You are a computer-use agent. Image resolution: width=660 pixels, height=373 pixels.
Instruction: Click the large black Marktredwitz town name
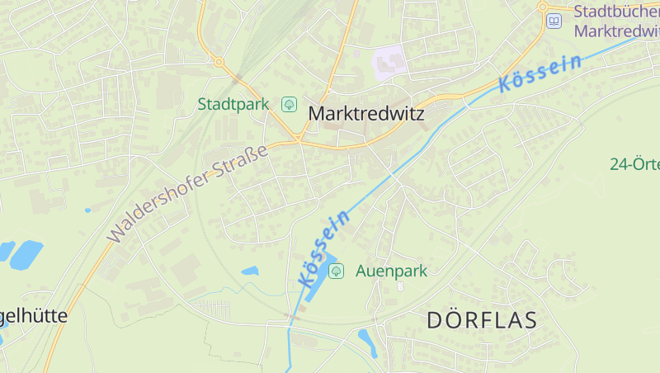click(x=365, y=114)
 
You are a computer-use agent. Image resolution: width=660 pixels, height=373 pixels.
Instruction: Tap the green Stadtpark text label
click(x=233, y=104)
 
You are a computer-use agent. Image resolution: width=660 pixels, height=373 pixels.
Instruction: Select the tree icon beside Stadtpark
click(x=289, y=104)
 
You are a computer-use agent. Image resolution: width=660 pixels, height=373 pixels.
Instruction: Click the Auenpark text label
click(x=391, y=270)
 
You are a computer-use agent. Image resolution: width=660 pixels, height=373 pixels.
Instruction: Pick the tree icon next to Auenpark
click(x=337, y=270)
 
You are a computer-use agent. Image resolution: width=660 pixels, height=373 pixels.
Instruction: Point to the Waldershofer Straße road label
click(x=188, y=193)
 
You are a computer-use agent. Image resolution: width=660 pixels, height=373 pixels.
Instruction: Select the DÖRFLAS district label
click(x=482, y=320)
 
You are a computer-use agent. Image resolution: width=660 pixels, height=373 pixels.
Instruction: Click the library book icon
click(x=554, y=21)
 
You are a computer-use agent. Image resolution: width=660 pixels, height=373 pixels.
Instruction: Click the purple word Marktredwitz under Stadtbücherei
click(x=616, y=31)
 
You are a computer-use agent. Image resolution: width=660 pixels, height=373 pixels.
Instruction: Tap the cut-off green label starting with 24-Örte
click(x=634, y=163)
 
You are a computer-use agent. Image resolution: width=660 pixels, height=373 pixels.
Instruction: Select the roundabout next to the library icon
click(x=543, y=7)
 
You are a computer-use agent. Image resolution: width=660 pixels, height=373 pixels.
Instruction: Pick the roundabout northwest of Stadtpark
click(x=219, y=61)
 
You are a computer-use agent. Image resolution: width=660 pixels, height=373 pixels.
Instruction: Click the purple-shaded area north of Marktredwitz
click(x=391, y=62)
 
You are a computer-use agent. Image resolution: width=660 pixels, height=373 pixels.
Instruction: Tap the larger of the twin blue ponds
click(x=27, y=253)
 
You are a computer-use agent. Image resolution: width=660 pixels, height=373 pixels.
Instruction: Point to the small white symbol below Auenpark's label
click(x=400, y=286)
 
